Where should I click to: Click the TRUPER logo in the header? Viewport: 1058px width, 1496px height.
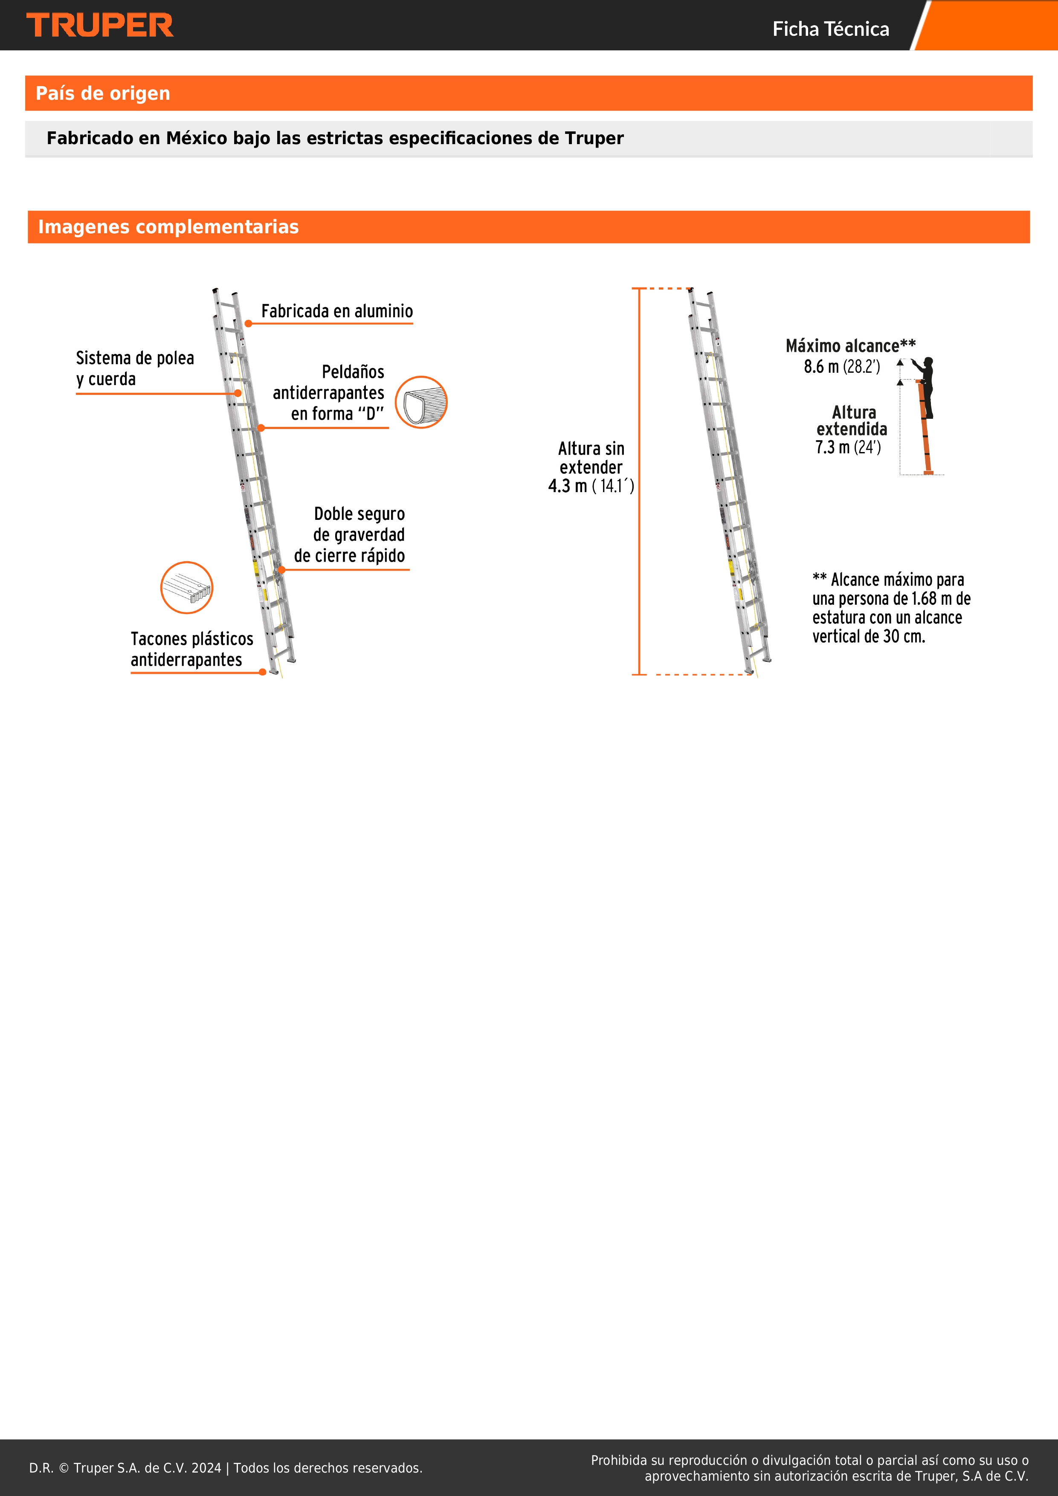100,26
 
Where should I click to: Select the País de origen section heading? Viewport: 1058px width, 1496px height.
103,93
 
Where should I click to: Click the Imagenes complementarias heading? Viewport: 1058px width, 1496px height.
168,227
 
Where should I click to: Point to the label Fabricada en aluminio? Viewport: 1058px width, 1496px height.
337,311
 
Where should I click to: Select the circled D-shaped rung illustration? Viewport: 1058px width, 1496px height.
421,402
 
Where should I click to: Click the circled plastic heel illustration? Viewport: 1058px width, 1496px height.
186,587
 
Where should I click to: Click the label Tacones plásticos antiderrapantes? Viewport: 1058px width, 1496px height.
191,649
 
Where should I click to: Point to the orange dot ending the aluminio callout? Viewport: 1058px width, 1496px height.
248,323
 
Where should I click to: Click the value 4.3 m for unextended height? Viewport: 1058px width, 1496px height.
568,486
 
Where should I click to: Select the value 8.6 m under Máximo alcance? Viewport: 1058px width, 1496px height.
821,367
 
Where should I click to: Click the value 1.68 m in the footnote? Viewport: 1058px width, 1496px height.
924,599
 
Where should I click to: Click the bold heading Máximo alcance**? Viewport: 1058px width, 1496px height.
850,346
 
